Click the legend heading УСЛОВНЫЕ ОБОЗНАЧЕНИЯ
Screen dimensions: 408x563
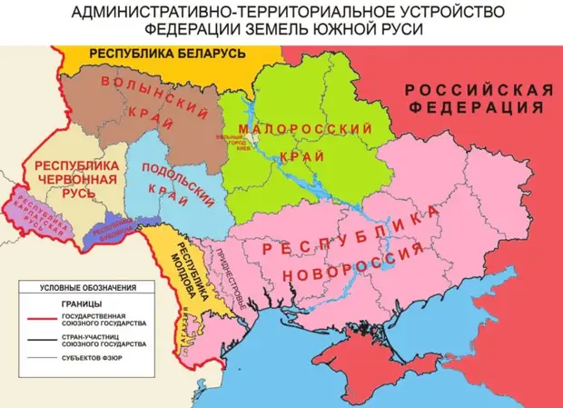click(x=87, y=288)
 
